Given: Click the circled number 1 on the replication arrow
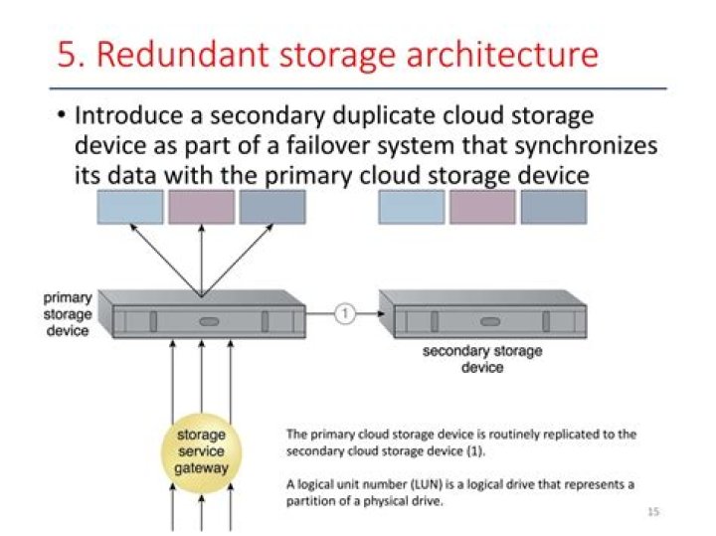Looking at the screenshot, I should [x=344, y=314].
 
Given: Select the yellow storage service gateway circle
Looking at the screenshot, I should [x=202, y=451].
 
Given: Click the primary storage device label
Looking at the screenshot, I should [x=68, y=313].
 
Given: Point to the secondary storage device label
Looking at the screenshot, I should [x=482, y=359].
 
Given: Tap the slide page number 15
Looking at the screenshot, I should [x=652, y=511].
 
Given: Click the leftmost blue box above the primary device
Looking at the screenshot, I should [x=129, y=207].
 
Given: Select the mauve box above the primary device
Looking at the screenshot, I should [x=202, y=207].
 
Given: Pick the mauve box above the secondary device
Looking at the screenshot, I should [x=482, y=207].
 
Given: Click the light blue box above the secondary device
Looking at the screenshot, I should [x=411, y=207].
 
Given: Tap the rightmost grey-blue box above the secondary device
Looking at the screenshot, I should [x=554, y=207].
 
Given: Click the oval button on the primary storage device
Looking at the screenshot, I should [x=208, y=321].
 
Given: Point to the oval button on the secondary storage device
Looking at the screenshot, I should [x=489, y=321].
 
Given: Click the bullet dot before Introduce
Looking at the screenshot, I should [x=61, y=115].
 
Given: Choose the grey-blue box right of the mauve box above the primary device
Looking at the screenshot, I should [x=272, y=207].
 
